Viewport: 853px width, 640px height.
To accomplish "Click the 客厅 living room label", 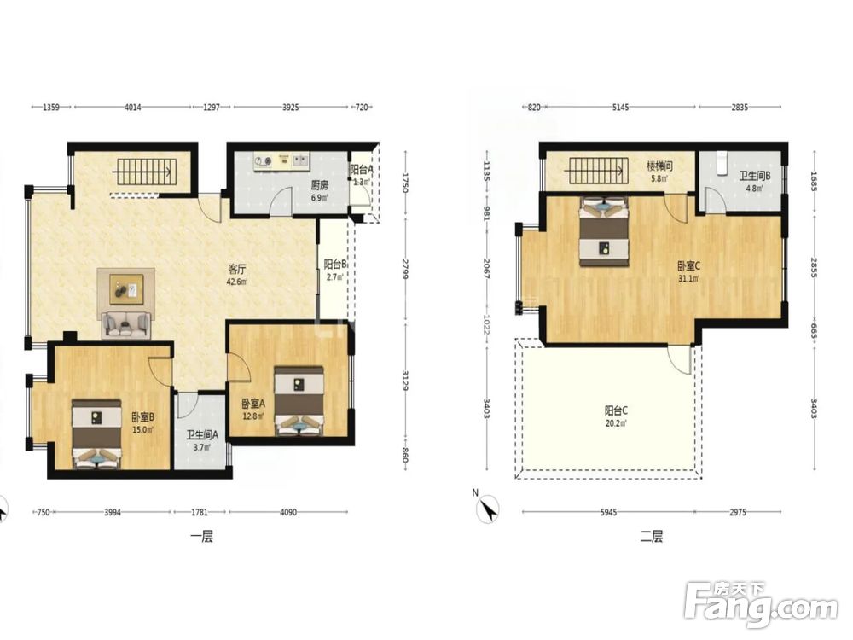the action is point(237,269).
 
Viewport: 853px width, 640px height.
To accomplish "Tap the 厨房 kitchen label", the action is point(319,185).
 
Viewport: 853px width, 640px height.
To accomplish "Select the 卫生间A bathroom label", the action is point(202,435).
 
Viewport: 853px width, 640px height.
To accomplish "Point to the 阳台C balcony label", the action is point(616,410).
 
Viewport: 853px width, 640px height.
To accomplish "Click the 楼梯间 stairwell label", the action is point(659,166).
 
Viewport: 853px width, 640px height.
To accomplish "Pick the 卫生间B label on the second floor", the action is point(755,176).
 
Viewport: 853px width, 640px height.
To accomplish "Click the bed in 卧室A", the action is point(299,401).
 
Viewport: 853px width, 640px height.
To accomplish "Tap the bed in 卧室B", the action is point(97,433).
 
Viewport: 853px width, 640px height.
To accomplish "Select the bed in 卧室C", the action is point(604,231).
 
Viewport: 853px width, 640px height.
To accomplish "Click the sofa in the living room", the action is point(126,325).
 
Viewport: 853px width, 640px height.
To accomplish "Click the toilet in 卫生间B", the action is point(722,163).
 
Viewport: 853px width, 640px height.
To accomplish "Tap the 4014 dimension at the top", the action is point(133,108).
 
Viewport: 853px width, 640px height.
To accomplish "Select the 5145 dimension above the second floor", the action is point(621,108).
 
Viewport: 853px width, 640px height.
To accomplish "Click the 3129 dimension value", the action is point(405,380).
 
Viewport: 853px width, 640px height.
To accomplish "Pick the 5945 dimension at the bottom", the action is point(609,512).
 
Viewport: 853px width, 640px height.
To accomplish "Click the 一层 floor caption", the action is point(201,537).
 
